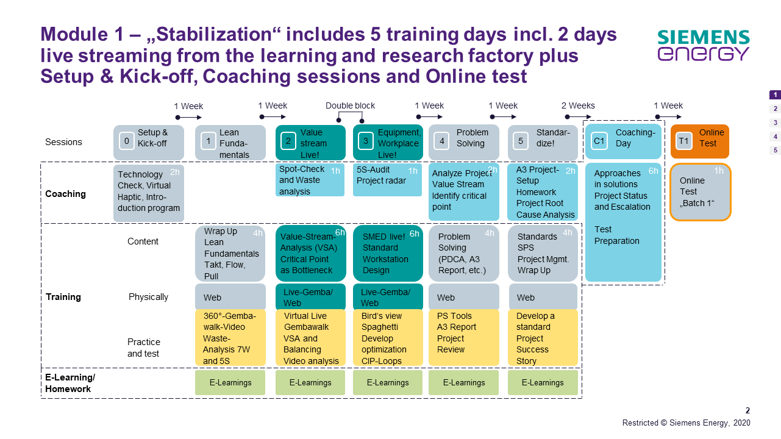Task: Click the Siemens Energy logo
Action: coord(704,45)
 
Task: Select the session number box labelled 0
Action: coord(127,141)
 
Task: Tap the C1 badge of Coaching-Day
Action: coord(599,141)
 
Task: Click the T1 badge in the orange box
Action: coord(683,141)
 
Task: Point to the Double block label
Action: coord(350,105)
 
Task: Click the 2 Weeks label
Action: coord(578,105)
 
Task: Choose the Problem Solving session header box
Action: coord(464,143)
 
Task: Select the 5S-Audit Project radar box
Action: coord(387,180)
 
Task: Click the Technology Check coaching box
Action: coord(149,193)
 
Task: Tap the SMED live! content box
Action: coord(388,254)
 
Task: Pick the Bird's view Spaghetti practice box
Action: coord(388,338)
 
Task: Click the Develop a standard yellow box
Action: coord(543,338)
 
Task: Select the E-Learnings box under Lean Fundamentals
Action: coord(230,382)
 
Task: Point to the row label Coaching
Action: coord(66,194)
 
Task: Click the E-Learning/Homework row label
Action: coord(70,383)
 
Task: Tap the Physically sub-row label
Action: coord(148,297)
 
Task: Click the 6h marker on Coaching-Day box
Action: coord(653,171)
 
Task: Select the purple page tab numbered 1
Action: coord(775,95)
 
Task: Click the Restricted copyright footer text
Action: coord(686,423)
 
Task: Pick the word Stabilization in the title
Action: coord(214,34)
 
